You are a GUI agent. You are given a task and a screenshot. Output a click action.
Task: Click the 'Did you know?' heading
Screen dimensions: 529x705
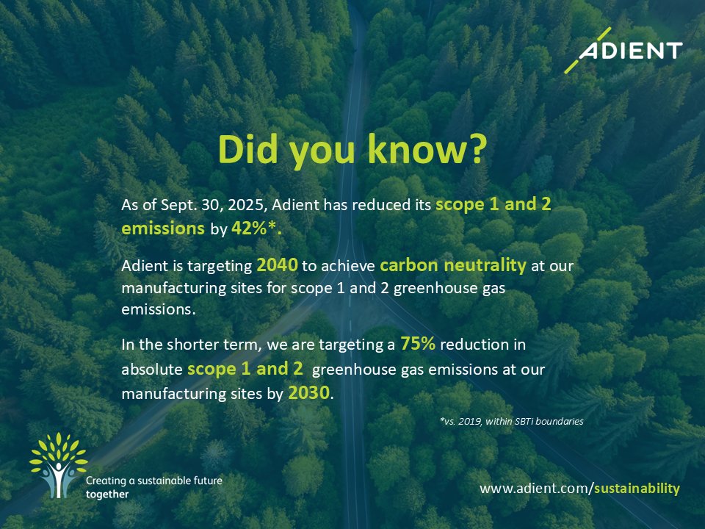click(x=352, y=149)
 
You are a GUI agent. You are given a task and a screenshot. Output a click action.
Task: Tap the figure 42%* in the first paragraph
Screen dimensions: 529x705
click(x=256, y=228)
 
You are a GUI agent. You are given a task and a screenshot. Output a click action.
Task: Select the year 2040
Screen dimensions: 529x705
click(x=277, y=265)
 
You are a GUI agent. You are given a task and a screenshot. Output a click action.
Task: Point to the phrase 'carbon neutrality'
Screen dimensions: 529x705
click(x=453, y=265)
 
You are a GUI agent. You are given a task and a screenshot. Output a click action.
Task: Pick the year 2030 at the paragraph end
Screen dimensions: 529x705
click(x=309, y=393)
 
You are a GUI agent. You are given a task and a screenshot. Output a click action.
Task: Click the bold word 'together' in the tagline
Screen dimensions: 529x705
click(x=107, y=494)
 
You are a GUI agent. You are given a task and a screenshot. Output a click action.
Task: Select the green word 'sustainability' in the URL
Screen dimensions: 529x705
click(x=637, y=488)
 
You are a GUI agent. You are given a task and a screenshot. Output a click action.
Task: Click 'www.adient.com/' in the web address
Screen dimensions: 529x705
click(x=536, y=488)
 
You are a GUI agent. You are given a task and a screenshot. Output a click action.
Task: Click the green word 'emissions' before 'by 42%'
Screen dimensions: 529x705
click(x=163, y=228)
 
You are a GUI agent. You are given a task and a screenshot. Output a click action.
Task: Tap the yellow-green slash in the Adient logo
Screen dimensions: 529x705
click(x=587, y=49)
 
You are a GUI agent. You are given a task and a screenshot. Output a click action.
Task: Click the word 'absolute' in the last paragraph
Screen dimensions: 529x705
click(x=152, y=370)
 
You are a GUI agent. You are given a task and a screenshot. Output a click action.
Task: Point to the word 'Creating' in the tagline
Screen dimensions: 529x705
click(x=106, y=481)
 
